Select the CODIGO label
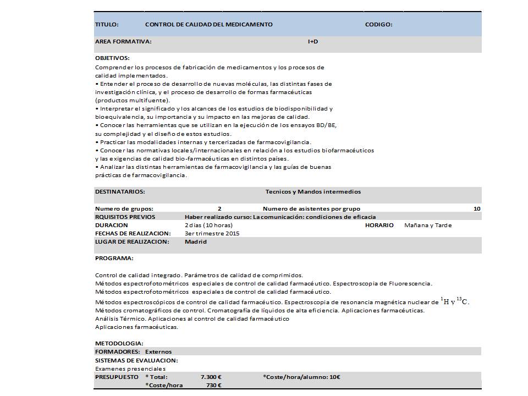point(378,25)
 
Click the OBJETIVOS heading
point(112,58)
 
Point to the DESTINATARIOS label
point(120,192)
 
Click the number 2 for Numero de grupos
point(219,209)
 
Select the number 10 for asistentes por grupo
point(476,209)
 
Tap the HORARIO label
point(379,226)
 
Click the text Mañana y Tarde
point(428,226)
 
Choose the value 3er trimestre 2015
point(212,233)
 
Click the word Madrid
point(196,241)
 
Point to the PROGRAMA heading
point(114,258)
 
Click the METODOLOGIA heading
point(119,344)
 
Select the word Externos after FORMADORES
point(158,352)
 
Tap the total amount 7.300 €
point(211,377)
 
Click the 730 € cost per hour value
point(213,385)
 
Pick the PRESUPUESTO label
point(117,377)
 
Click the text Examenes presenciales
point(130,369)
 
